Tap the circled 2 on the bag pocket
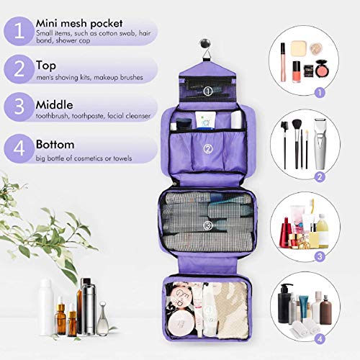pos(207,149)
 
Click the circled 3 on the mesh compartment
pos(207,225)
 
